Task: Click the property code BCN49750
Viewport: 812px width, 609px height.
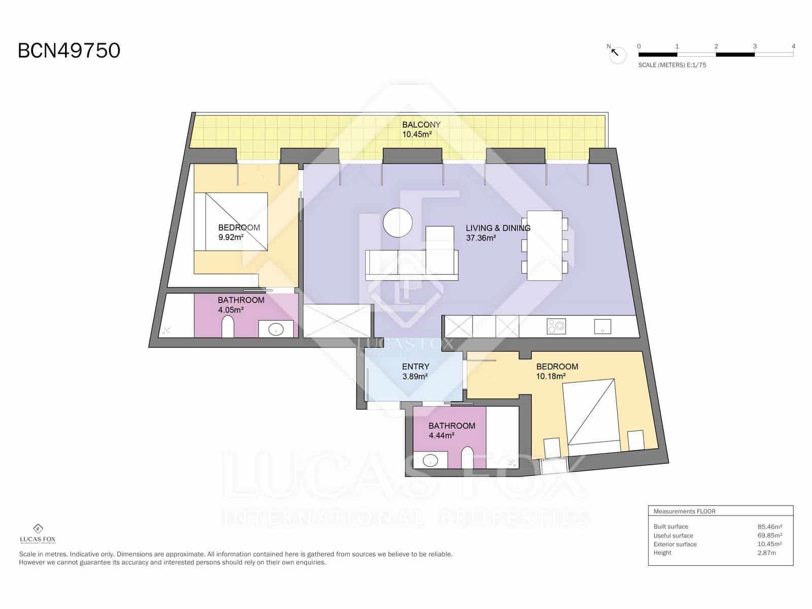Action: [69, 51]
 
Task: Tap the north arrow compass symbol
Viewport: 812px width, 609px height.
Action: [617, 54]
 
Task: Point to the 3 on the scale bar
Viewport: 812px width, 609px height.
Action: [755, 46]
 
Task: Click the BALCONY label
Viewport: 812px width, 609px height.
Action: [421, 125]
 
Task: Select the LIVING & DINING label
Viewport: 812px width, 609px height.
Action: [498, 228]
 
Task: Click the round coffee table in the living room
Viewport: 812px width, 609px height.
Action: [398, 223]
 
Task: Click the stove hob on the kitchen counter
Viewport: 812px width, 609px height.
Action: [556, 326]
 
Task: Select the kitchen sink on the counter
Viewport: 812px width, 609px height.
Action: [602, 326]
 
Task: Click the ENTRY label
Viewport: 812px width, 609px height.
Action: [416, 367]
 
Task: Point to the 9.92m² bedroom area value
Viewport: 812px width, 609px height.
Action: [231, 238]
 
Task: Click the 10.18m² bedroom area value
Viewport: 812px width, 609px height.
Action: [551, 377]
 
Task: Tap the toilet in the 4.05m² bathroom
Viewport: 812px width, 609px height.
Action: [228, 327]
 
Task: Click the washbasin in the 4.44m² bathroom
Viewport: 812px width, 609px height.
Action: [430, 460]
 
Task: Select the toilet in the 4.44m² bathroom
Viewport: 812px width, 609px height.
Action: [467, 457]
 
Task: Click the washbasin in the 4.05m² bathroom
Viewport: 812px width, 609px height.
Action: [276, 329]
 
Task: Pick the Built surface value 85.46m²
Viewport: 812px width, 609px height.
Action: [770, 527]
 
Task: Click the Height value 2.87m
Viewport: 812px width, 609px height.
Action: [766, 553]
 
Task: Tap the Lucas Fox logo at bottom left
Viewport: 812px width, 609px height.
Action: [38, 534]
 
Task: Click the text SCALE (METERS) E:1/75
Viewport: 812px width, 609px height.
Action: [672, 65]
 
